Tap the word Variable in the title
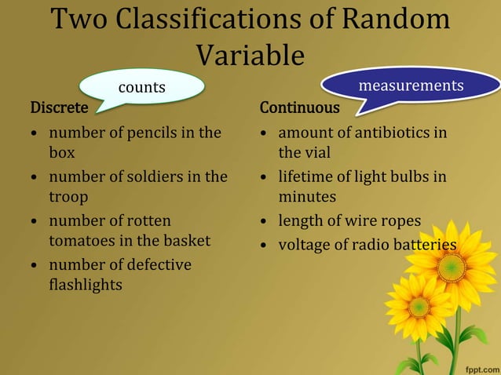[250, 54]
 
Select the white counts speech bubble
[142, 87]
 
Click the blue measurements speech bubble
[411, 85]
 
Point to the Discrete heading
[59, 107]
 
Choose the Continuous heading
[300, 107]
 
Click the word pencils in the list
[159, 133]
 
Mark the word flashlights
[86, 285]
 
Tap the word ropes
[398, 220]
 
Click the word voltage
[305, 246]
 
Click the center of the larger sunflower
[452, 267]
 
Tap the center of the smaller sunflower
[419, 307]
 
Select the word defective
[157, 265]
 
